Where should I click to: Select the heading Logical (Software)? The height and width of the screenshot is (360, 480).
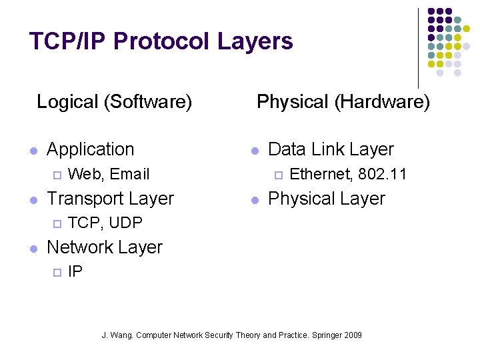[x=114, y=102]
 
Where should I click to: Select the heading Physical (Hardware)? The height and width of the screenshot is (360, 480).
[x=343, y=102]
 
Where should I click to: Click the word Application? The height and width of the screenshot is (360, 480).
[x=91, y=149]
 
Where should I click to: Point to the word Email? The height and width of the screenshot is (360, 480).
[x=130, y=175]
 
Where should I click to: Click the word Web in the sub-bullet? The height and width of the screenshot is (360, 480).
[x=86, y=175]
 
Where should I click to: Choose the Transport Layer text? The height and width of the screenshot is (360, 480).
[x=110, y=199]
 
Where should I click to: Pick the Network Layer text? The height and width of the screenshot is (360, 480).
[x=105, y=247]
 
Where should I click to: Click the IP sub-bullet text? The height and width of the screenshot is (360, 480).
[x=75, y=271]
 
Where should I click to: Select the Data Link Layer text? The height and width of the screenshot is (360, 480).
[x=331, y=149]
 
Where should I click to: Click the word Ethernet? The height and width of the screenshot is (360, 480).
[x=321, y=175]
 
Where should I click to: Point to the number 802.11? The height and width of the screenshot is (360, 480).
[x=382, y=175]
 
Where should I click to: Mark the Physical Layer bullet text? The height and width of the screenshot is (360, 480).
[x=326, y=199]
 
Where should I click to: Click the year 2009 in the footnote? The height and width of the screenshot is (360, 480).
[x=353, y=335]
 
